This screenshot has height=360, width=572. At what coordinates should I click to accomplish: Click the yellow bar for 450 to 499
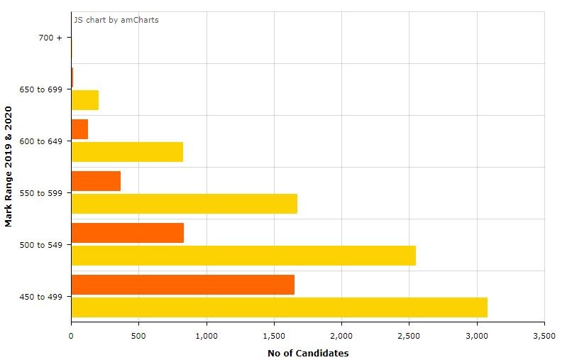click(279, 307)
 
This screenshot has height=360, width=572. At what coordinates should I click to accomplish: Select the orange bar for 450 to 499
click(182, 285)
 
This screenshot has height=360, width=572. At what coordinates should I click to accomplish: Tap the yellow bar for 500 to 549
click(243, 256)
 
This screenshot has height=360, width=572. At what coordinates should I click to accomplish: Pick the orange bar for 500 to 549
click(128, 233)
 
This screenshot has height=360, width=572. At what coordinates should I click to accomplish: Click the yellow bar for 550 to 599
click(184, 204)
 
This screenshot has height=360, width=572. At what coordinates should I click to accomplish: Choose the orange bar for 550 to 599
click(96, 181)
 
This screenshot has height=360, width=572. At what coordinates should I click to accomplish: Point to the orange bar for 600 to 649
click(79, 129)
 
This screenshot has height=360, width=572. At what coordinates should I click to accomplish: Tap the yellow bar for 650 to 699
click(85, 100)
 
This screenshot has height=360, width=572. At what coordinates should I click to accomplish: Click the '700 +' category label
click(50, 38)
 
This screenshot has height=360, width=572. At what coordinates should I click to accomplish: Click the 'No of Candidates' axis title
click(308, 353)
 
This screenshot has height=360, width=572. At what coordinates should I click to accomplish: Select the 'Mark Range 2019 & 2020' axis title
click(9, 167)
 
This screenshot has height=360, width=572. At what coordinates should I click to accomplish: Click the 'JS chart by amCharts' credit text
click(116, 20)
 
